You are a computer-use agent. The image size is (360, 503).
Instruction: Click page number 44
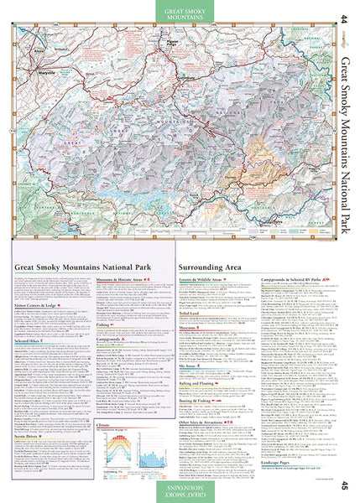pos(343,18)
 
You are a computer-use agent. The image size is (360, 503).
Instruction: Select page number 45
pos(343,485)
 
